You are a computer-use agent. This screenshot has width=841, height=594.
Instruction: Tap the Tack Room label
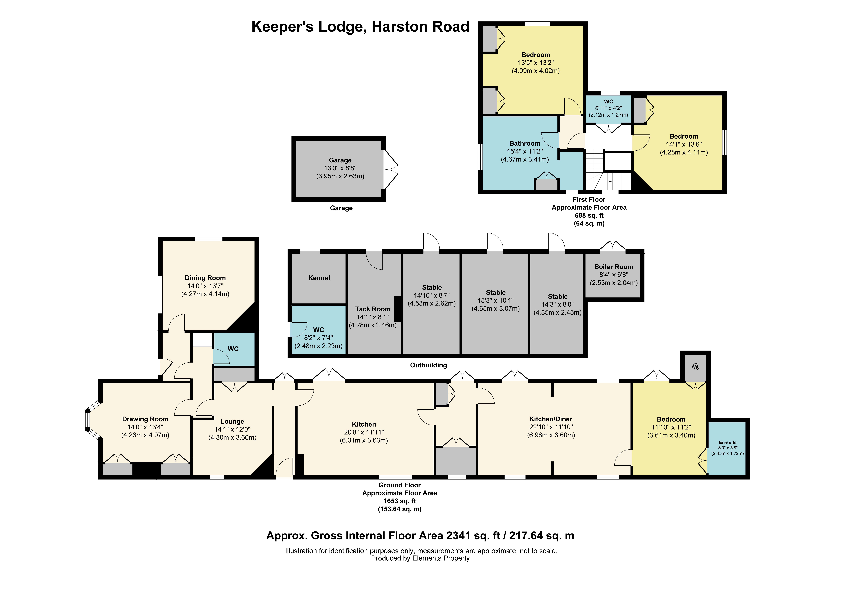(373, 309)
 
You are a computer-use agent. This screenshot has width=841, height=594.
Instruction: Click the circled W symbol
(696, 367)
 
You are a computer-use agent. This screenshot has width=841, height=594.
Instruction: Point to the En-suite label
(728, 442)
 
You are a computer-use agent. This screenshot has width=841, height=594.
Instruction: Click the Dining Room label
(205, 278)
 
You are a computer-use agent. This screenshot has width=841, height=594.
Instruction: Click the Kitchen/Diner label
(550, 419)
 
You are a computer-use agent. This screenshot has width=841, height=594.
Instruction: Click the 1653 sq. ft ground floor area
(400, 501)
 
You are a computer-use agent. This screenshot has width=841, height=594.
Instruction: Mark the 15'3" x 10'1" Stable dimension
(496, 301)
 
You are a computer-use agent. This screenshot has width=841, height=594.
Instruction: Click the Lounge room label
(232, 422)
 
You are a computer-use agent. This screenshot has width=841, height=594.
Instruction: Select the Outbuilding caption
(428, 365)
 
